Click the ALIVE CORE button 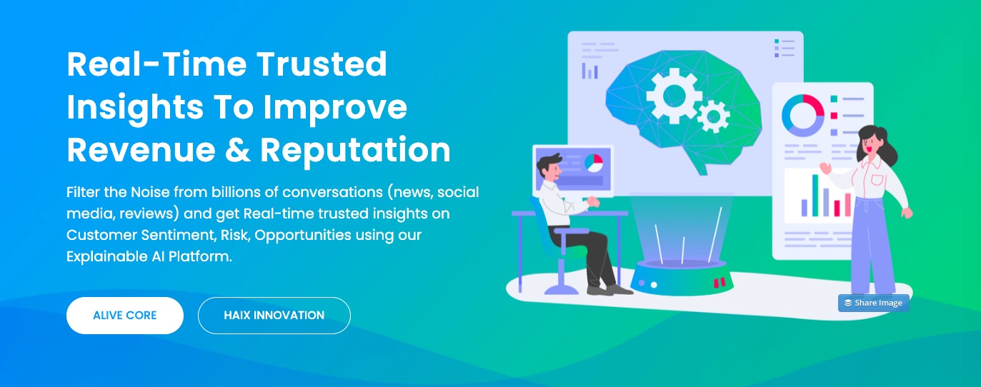click(x=125, y=316)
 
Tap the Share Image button click(x=874, y=303)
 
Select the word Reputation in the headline click(x=355, y=149)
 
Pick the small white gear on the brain click(x=712, y=116)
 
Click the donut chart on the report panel click(x=803, y=115)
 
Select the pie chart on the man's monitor click(x=593, y=163)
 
